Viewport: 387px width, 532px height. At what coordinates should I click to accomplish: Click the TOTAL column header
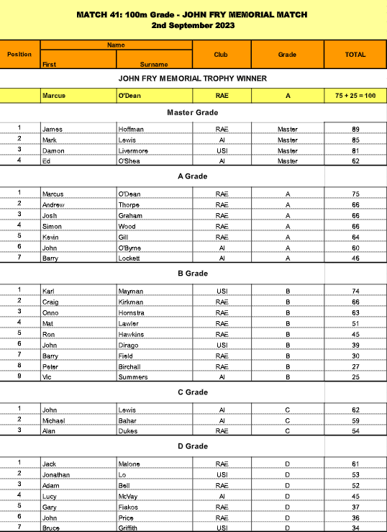pyautogui.click(x=355, y=54)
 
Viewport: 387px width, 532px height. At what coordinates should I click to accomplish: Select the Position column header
pyautogui.click(x=19, y=54)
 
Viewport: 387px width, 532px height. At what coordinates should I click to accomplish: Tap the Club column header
pyautogui.click(x=222, y=54)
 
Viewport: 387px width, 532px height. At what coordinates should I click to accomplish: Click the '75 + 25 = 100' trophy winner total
pyautogui.click(x=355, y=95)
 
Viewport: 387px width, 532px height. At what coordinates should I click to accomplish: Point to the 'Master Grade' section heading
pyautogui.click(x=192, y=112)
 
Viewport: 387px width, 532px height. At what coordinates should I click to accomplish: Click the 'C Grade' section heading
pyautogui.click(x=192, y=392)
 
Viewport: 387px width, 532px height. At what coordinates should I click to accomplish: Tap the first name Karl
pyautogui.click(x=49, y=291)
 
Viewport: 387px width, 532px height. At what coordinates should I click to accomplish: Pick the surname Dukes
pyautogui.click(x=129, y=430)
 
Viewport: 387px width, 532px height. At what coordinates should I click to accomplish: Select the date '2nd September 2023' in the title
pyautogui.click(x=193, y=25)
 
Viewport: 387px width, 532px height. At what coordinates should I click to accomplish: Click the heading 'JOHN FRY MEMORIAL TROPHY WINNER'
pyautogui.click(x=193, y=78)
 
